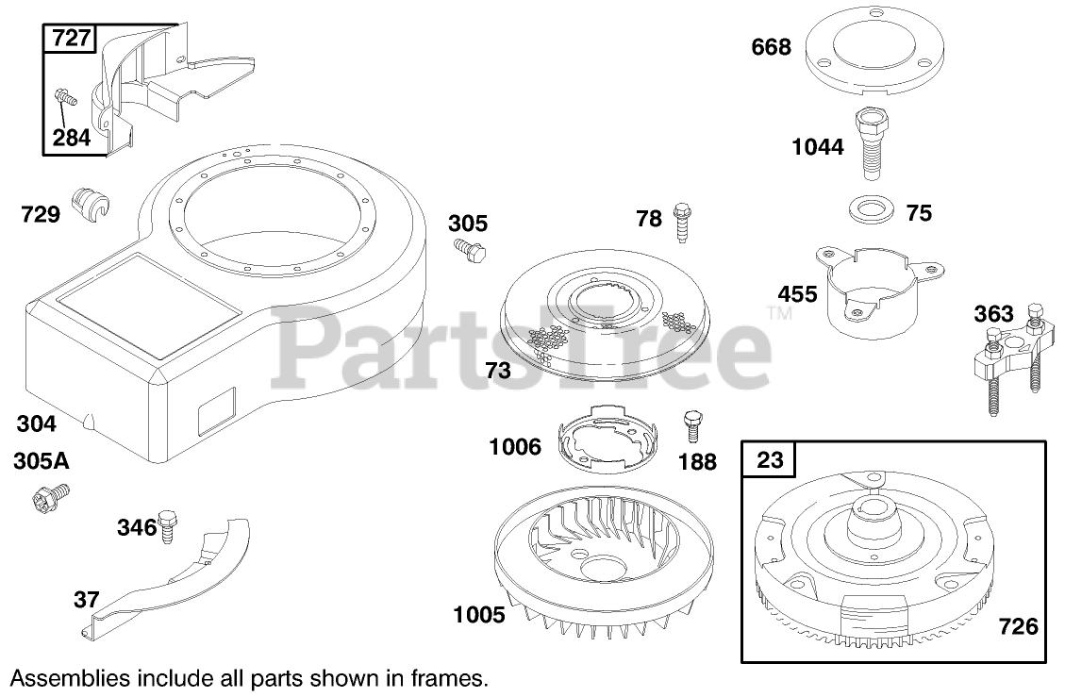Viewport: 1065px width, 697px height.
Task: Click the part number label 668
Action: [x=771, y=47]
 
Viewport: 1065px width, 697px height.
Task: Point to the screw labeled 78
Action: [x=681, y=222]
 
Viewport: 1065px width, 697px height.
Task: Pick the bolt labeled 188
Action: [x=693, y=426]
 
